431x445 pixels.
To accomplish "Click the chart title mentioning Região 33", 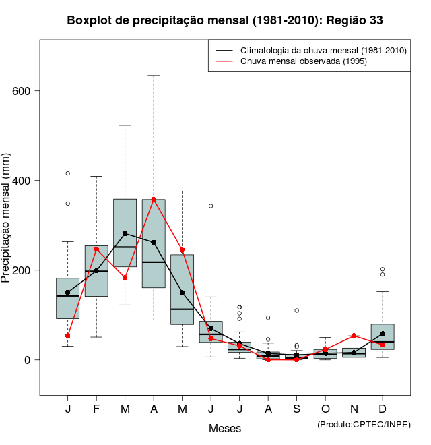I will click(225, 20).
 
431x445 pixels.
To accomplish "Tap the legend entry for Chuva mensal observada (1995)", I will click(300, 61).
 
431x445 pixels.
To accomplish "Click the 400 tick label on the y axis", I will click(22, 181).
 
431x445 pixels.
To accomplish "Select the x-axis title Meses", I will click(224, 428).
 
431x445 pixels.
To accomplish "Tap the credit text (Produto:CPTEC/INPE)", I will click(364, 424).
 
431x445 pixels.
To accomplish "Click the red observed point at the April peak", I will click(154, 200).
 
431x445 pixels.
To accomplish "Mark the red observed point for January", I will click(67, 336).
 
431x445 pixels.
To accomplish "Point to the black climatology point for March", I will click(125, 233).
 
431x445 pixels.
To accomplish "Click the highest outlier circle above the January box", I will click(67, 173).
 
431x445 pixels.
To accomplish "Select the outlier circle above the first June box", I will click(211, 206).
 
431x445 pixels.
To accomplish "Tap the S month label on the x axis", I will click(296, 409).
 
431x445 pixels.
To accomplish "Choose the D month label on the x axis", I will click(383, 409).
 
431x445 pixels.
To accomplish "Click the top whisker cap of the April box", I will click(154, 76).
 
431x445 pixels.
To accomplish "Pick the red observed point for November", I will click(354, 336).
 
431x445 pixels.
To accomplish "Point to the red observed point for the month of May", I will click(182, 250).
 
